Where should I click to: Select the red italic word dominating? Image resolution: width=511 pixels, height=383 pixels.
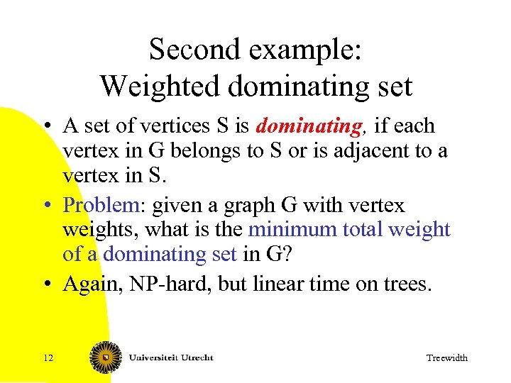coord(309,126)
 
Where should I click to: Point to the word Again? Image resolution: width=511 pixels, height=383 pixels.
coord(88,284)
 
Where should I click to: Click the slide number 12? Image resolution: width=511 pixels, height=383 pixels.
coord(48,357)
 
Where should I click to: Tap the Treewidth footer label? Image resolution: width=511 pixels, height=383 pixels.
coord(446,358)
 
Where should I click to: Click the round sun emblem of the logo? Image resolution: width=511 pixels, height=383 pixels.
coord(104,357)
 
